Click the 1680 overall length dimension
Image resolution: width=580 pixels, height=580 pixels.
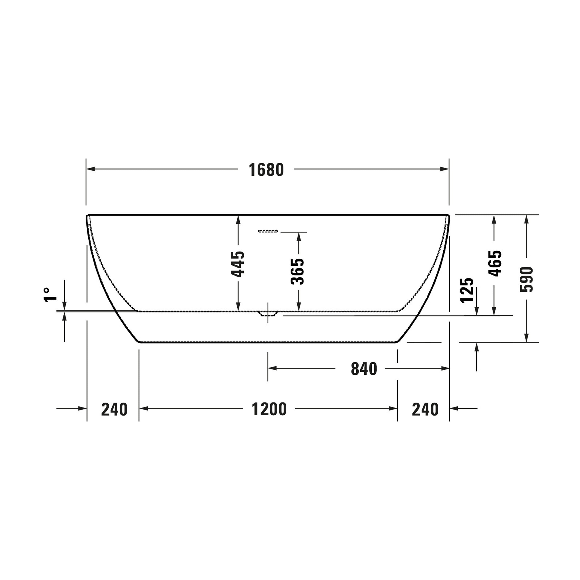(266, 170)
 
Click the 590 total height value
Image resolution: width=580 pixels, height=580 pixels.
(526, 279)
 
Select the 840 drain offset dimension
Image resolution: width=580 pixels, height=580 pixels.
(364, 369)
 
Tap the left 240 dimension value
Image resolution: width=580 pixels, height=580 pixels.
(114, 409)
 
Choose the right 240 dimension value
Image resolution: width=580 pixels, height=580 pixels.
(425, 409)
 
